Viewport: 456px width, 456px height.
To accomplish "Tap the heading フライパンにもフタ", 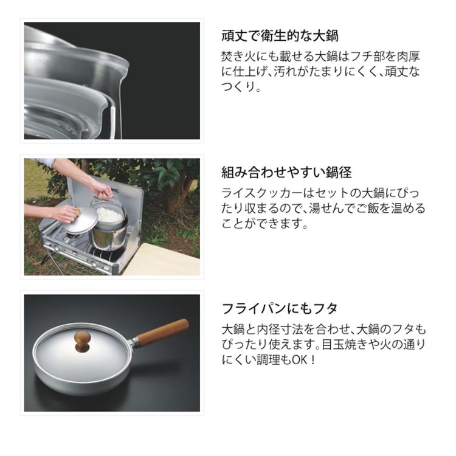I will coord(279,308).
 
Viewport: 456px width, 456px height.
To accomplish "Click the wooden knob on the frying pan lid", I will coord(82,338).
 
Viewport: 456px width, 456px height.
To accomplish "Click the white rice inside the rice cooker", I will coord(110,214).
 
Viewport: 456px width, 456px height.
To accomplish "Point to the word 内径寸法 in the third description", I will coord(287,330).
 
